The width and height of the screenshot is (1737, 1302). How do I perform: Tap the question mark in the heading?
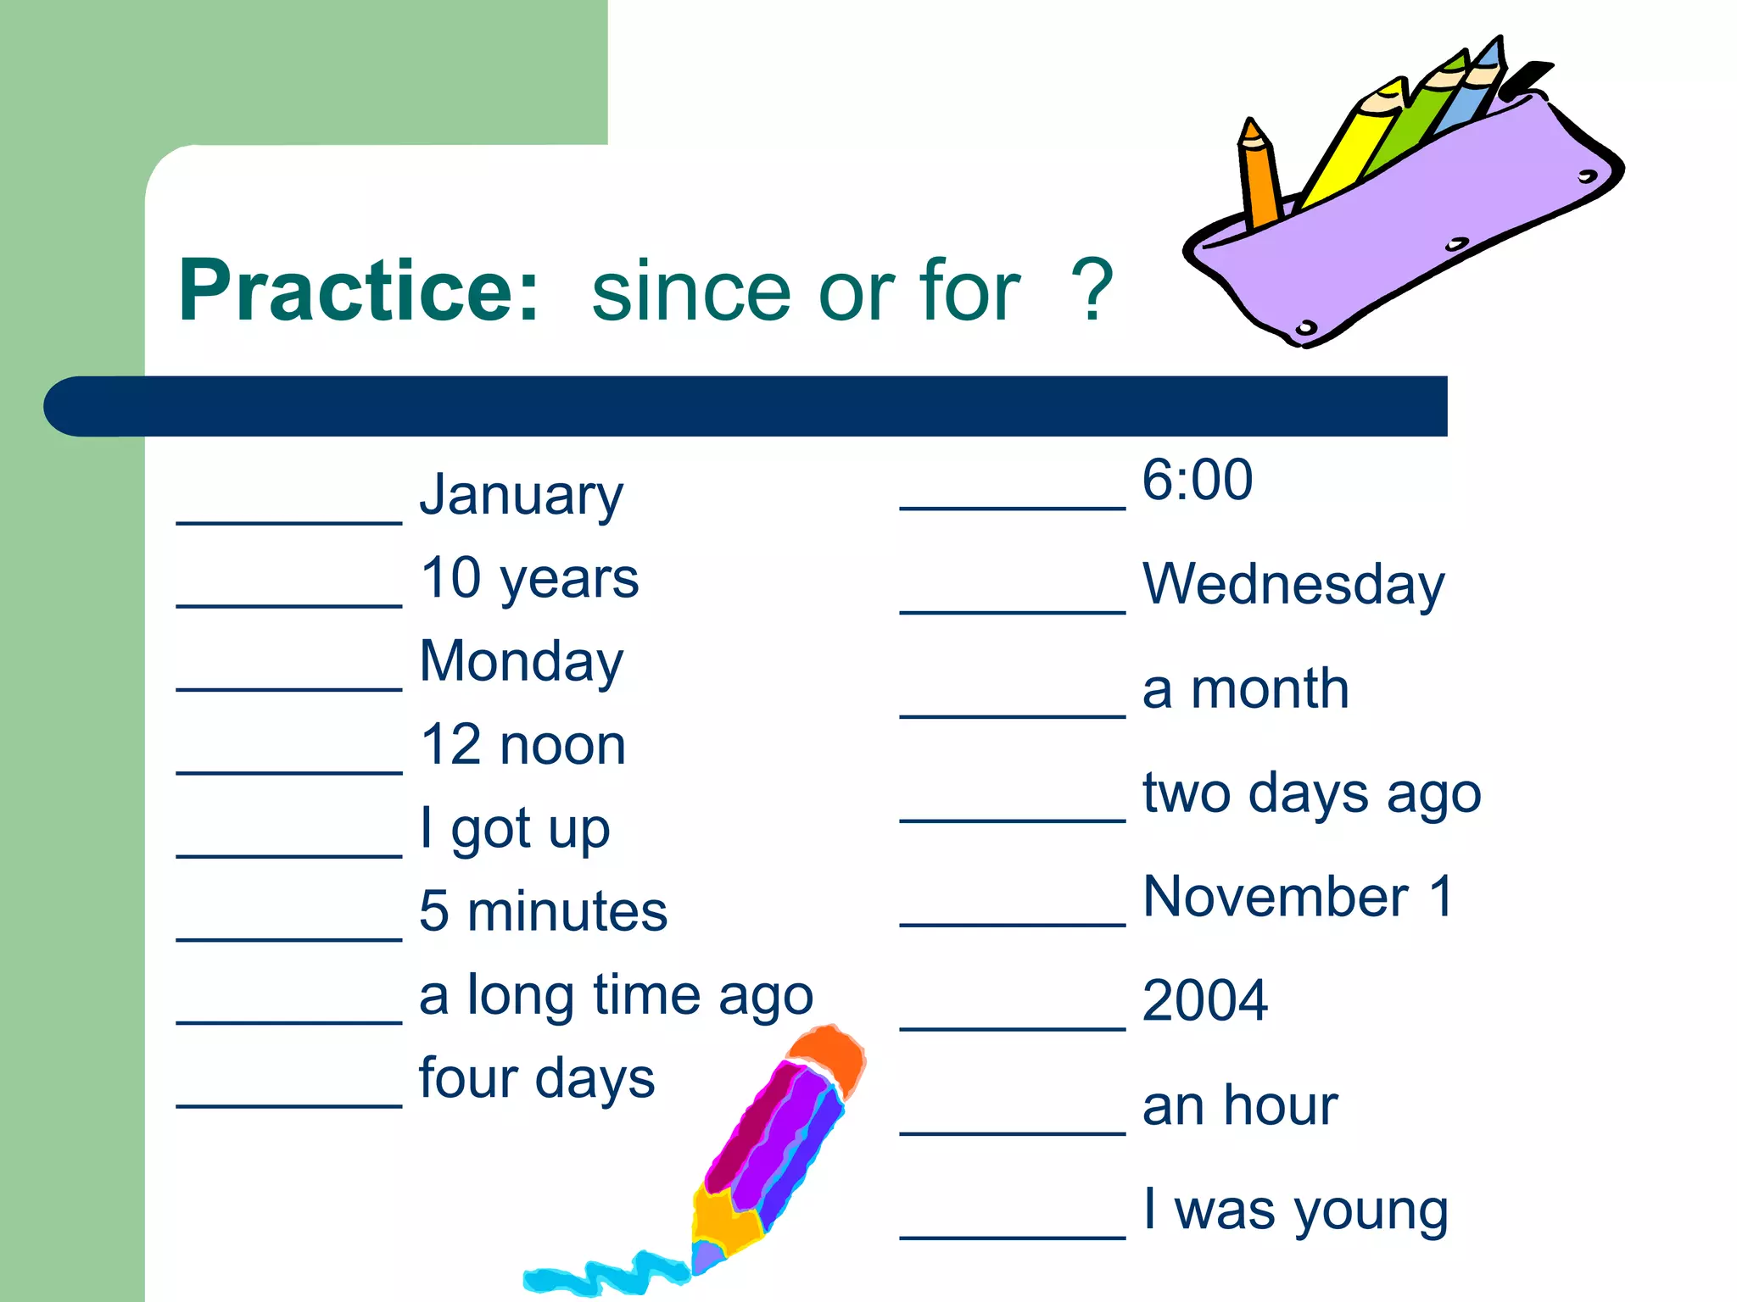pos(1092,291)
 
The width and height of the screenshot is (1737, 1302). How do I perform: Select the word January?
pos(521,495)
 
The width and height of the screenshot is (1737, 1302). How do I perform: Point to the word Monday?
pos(521,661)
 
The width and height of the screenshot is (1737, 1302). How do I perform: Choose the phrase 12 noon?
pos(522,745)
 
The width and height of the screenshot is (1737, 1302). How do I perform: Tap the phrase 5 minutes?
pos(543,911)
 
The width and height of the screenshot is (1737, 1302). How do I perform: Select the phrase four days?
pos(536,1078)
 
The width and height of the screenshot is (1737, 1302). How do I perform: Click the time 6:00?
pos(1197,480)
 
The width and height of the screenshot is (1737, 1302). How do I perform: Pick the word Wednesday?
pos(1293,584)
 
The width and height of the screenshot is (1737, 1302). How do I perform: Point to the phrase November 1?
pos(1298,897)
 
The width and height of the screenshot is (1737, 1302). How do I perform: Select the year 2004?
pos(1204,1000)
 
